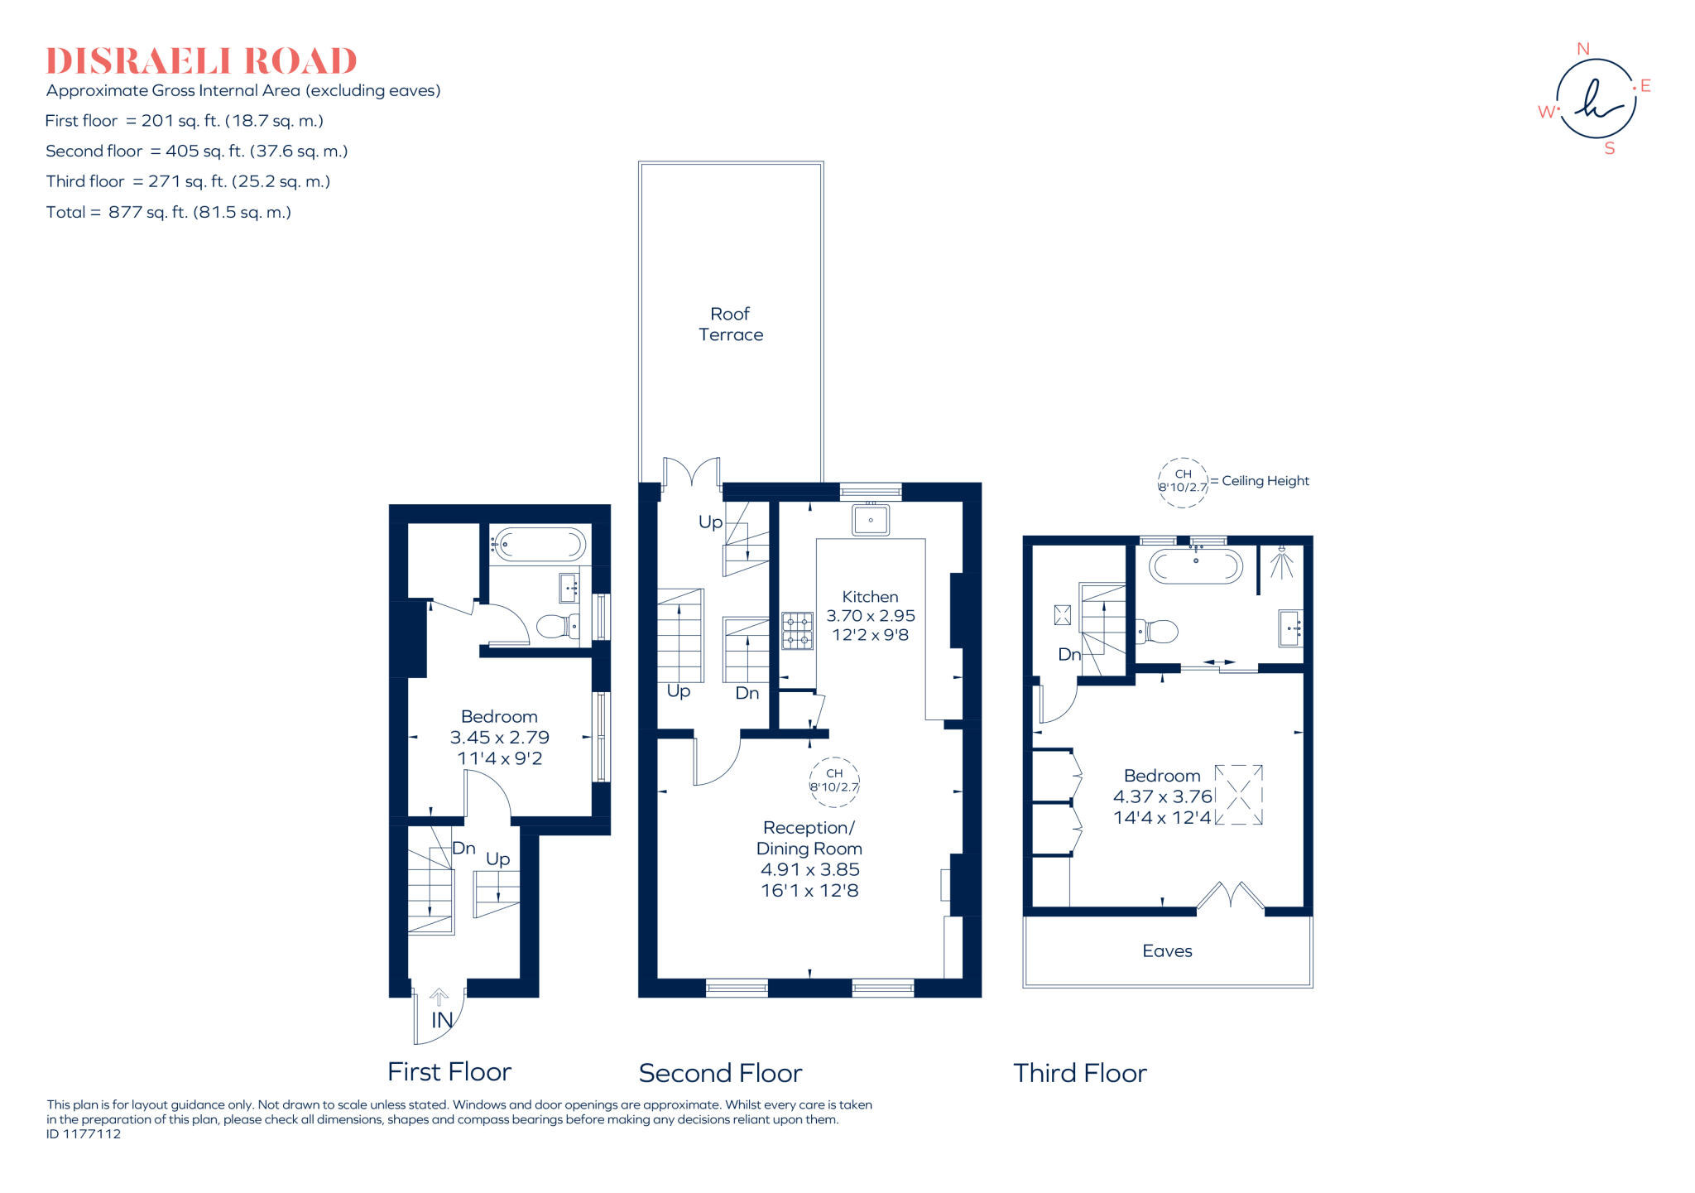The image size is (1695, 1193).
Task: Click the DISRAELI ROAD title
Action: click(201, 61)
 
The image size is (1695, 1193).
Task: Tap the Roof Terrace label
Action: click(730, 325)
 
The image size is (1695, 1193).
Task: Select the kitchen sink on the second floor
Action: click(871, 521)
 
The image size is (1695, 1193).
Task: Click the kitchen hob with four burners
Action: click(798, 630)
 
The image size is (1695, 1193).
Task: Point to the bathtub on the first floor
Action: click(539, 545)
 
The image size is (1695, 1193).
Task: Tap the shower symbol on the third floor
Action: click(1281, 563)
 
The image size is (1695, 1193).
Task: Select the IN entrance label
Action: click(442, 1021)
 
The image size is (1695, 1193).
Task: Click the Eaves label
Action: click(1167, 951)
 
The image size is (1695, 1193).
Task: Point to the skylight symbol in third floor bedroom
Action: click(1239, 795)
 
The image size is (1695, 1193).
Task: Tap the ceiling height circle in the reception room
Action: click(834, 782)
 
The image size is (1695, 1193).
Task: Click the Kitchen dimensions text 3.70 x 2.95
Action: click(871, 616)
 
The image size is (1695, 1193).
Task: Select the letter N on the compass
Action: click(1583, 50)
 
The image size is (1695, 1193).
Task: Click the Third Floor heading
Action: click(1080, 1074)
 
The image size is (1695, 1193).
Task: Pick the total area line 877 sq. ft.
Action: click(169, 213)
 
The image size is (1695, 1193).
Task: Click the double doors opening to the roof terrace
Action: click(692, 474)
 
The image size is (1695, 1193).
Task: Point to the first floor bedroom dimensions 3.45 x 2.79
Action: click(499, 738)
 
